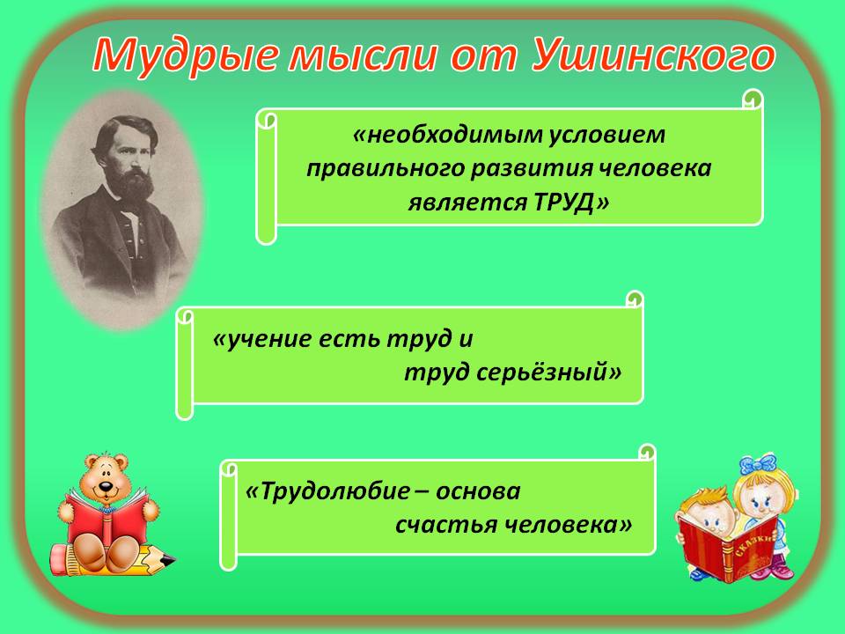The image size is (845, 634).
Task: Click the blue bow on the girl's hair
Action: point(758,465)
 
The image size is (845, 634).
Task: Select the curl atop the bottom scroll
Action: point(646,453)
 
